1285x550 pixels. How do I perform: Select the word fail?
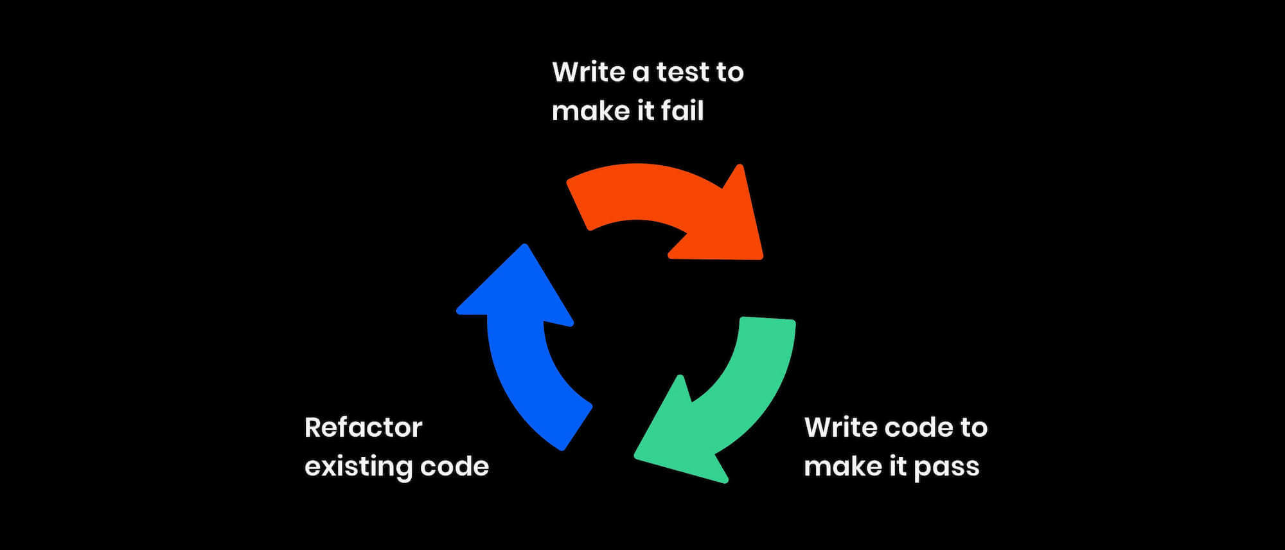(x=682, y=111)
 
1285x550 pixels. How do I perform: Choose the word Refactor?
(x=363, y=428)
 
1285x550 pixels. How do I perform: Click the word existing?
(x=358, y=467)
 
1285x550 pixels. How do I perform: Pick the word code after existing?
(x=454, y=466)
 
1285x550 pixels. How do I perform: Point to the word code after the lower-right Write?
(x=919, y=428)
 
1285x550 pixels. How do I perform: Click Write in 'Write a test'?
(x=588, y=72)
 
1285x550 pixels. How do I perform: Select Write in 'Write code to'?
(x=840, y=428)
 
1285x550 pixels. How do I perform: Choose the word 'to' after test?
(x=729, y=73)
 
